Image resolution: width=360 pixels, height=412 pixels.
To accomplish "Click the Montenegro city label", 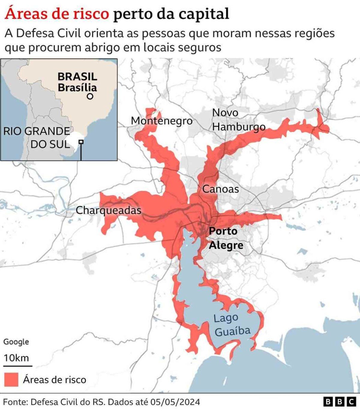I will point(162,121).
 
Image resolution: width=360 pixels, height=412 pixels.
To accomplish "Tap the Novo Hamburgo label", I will point(238,120).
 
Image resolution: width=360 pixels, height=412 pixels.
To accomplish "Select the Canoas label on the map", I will point(220,189).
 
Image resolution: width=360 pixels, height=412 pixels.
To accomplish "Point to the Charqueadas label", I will point(108,210).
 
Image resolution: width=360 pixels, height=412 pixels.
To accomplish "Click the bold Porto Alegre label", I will point(226,238).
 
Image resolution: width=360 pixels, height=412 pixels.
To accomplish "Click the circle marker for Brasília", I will point(90,96).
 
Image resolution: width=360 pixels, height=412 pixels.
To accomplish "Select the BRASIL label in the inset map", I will point(77,76).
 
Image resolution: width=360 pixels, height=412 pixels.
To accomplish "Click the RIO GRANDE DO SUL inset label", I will point(37,138).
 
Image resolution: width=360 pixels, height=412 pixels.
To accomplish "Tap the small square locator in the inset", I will point(81,142).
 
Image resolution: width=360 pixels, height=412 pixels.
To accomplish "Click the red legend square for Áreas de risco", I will point(11,379).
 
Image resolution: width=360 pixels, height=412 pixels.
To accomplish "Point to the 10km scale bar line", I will point(18,366).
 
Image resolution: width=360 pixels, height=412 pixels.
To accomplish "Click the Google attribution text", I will point(16,342).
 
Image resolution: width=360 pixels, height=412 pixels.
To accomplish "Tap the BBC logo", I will point(340,402).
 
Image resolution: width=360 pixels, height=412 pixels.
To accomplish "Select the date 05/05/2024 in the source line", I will point(175,402).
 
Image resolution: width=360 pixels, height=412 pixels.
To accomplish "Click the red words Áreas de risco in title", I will point(57,14).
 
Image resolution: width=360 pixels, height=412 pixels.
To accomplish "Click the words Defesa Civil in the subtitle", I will point(48,33).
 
